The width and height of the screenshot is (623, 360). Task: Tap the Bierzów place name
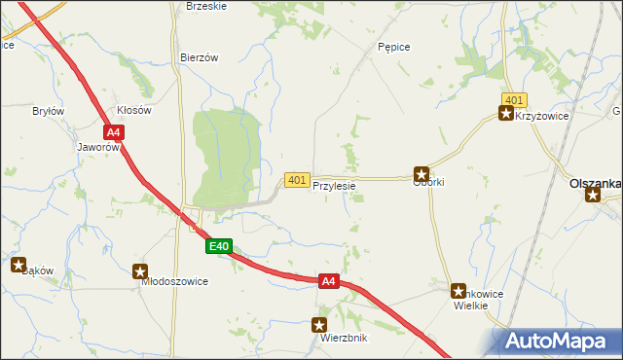pyautogui.click(x=199, y=57)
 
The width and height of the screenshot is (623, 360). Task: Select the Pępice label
pyautogui.click(x=393, y=47)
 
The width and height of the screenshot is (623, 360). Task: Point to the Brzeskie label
pyautogui.click(x=205, y=6)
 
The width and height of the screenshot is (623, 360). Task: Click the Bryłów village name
pyautogui.click(x=48, y=111)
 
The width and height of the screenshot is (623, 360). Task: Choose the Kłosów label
pyautogui.click(x=134, y=111)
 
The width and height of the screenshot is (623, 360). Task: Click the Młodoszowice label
pyautogui.click(x=175, y=281)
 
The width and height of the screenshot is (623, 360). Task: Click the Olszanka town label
pyautogui.click(x=595, y=182)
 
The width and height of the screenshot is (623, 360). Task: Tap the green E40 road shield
pyautogui.click(x=219, y=247)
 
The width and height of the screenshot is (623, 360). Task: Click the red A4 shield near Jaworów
pyautogui.click(x=114, y=132)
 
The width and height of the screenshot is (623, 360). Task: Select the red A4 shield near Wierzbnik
pyautogui.click(x=329, y=281)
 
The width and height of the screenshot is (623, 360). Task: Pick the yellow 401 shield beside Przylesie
pyautogui.click(x=298, y=180)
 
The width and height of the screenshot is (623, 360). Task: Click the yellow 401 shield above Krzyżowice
pyautogui.click(x=515, y=100)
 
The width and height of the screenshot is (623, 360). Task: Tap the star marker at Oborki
pyautogui.click(x=421, y=172)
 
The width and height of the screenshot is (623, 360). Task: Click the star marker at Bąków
pyautogui.click(x=18, y=264)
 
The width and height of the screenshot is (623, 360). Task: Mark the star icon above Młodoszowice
pyautogui.click(x=141, y=272)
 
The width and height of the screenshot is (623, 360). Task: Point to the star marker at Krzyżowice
pyautogui.click(x=505, y=114)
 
